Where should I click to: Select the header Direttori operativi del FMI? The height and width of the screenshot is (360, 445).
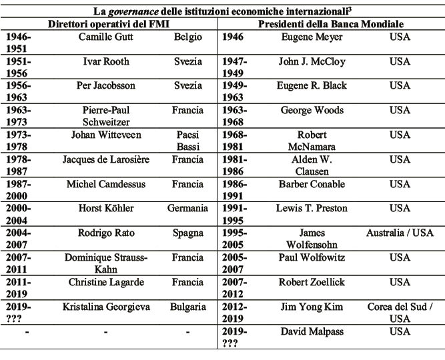pyautogui.click(x=109, y=23)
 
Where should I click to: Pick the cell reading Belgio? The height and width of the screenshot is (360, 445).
pyautogui.click(x=188, y=37)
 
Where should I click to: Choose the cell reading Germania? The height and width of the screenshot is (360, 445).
pyautogui.click(x=188, y=208)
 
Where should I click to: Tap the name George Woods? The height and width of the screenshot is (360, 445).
pyautogui.click(x=312, y=110)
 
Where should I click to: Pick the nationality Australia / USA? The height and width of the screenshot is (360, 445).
pyautogui.click(x=400, y=233)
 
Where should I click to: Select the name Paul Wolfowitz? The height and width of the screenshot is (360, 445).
pyautogui.click(x=312, y=257)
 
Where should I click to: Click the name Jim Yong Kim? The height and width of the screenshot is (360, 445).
pyautogui.click(x=312, y=307)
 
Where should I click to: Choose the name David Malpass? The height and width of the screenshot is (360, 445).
pyautogui.click(x=312, y=331)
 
